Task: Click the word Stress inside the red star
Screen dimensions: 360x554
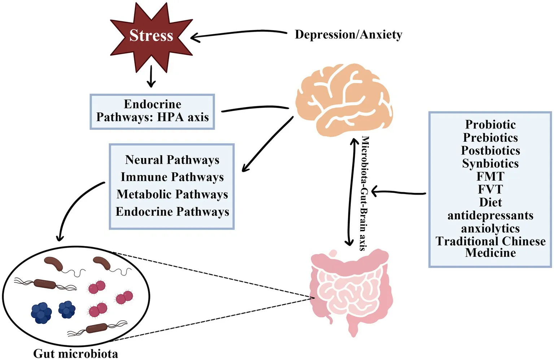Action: pos(151,35)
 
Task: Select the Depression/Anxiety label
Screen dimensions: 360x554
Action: pos(348,35)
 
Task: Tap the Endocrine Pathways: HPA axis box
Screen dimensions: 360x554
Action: pos(152,111)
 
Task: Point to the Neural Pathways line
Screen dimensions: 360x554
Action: pos(172,160)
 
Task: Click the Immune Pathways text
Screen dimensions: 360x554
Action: pos(172,177)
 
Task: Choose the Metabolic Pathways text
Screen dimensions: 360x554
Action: pos(172,194)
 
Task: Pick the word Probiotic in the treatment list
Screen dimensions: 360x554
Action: pos(490,124)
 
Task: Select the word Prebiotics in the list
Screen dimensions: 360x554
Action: pos(490,137)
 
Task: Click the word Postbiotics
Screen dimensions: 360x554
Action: pos(490,150)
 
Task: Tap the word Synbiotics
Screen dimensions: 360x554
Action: pos(490,163)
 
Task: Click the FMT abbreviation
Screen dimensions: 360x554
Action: pos(490,176)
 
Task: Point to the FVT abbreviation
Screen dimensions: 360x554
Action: pos(490,189)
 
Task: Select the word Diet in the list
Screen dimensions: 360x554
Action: pos(490,202)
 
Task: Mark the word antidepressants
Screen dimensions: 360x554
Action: pos(490,215)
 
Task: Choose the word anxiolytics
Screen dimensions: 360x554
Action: pos(490,228)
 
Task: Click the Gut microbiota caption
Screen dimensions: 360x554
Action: pos(75,354)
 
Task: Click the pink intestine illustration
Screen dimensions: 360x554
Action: pos(350,289)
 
